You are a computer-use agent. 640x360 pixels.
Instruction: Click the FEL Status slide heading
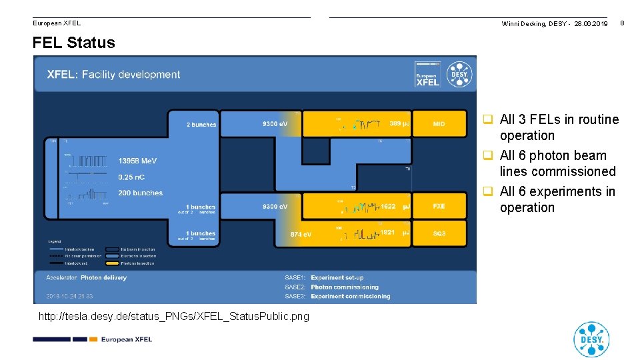coord(73,43)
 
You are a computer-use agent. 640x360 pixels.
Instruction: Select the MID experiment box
coord(439,124)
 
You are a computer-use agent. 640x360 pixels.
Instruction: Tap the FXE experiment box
coord(439,207)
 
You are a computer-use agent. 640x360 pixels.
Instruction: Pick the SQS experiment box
coord(439,233)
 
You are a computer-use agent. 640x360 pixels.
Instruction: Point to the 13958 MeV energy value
coord(138,161)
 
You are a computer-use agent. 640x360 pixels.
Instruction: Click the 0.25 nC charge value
coord(131,177)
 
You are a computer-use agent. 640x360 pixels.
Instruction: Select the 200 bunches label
coord(140,193)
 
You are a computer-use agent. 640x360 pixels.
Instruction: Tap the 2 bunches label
coord(201,125)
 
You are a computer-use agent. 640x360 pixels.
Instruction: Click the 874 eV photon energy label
coord(301,235)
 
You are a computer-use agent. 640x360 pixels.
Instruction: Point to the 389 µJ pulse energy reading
coord(399,124)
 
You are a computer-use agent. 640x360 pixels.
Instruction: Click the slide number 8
coord(621,23)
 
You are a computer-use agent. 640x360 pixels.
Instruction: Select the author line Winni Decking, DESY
coord(555,24)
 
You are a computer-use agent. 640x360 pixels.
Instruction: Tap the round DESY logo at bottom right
coord(591,339)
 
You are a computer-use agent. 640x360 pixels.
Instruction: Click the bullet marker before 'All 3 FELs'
coord(488,120)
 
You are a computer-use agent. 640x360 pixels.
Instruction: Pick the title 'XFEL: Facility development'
coord(113,75)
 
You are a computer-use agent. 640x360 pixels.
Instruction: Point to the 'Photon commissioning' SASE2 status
coord(345,287)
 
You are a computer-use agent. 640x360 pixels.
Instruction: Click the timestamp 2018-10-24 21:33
coord(69,296)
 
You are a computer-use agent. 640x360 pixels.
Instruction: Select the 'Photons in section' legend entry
coord(139,263)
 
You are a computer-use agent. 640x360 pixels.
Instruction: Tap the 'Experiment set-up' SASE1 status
coord(337,278)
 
